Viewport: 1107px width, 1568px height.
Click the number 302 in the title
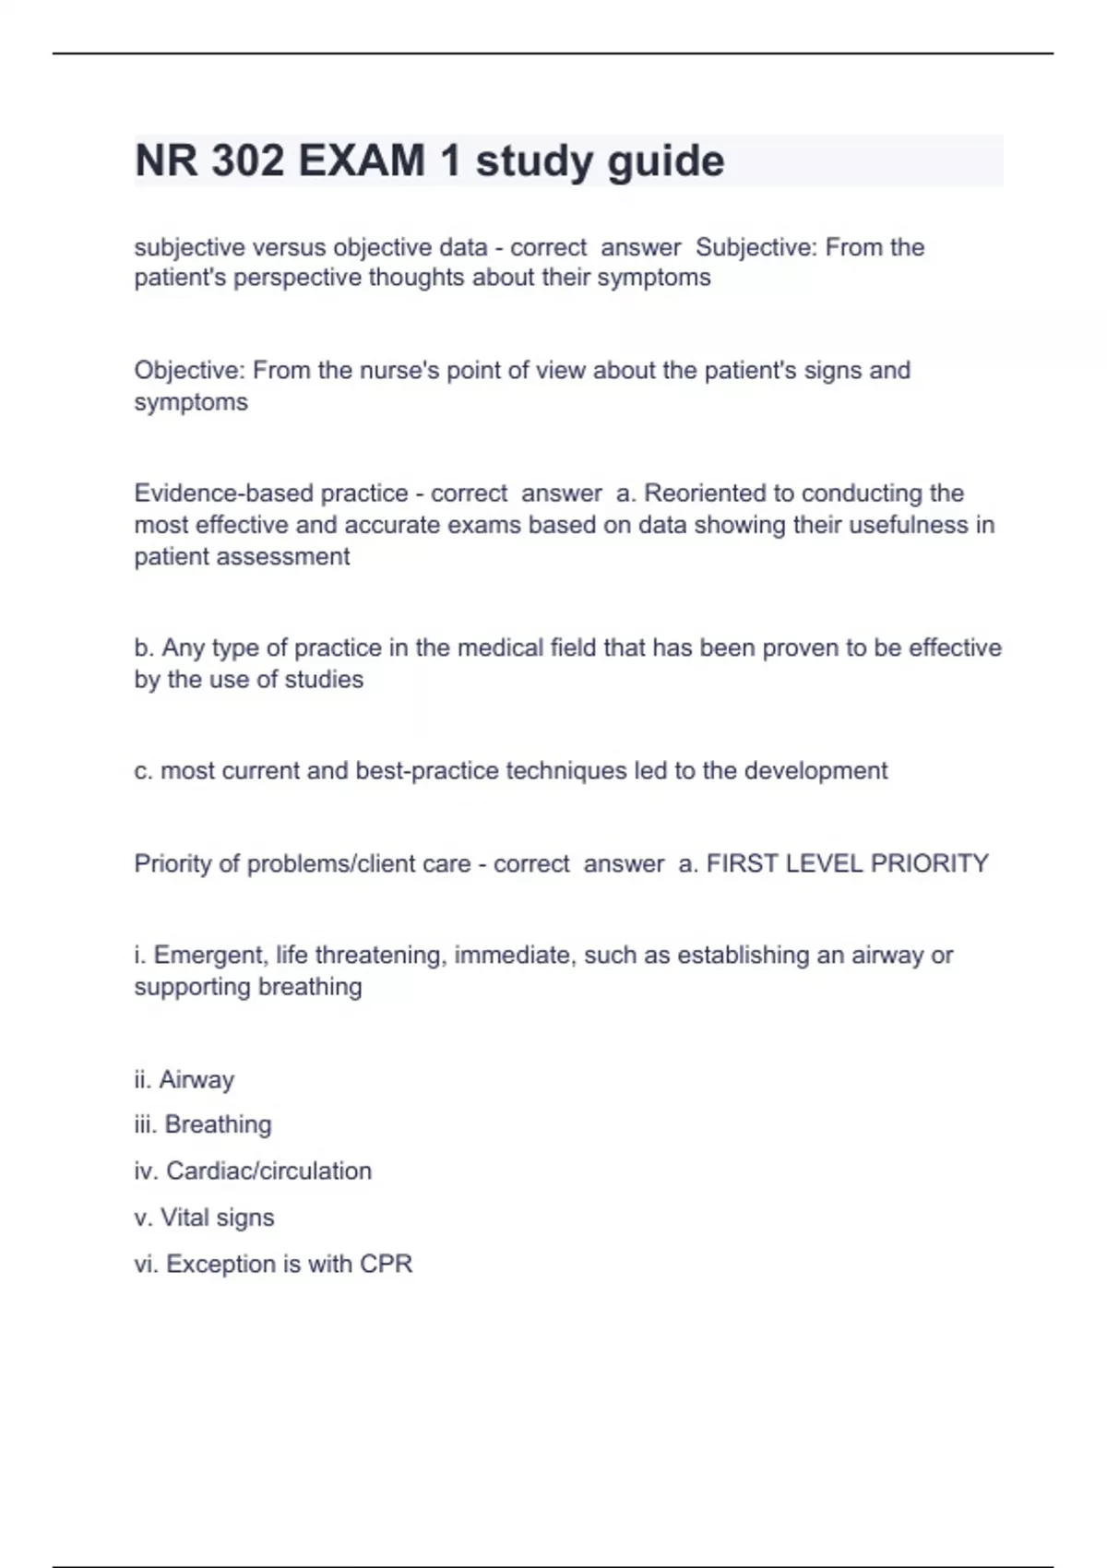[247, 161]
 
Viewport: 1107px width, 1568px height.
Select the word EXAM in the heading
[362, 161]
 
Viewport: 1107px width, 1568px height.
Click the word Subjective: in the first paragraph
[756, 247]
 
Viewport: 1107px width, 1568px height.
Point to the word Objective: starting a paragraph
[189, 371]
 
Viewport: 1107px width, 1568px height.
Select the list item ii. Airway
[184, 1080]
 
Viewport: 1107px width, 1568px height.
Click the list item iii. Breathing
[203, 1125]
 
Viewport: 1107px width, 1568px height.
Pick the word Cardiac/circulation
[268, 1171]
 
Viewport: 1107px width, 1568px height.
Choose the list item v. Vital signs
[204, 1218]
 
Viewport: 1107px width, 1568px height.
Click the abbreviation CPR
[386, 1265]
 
